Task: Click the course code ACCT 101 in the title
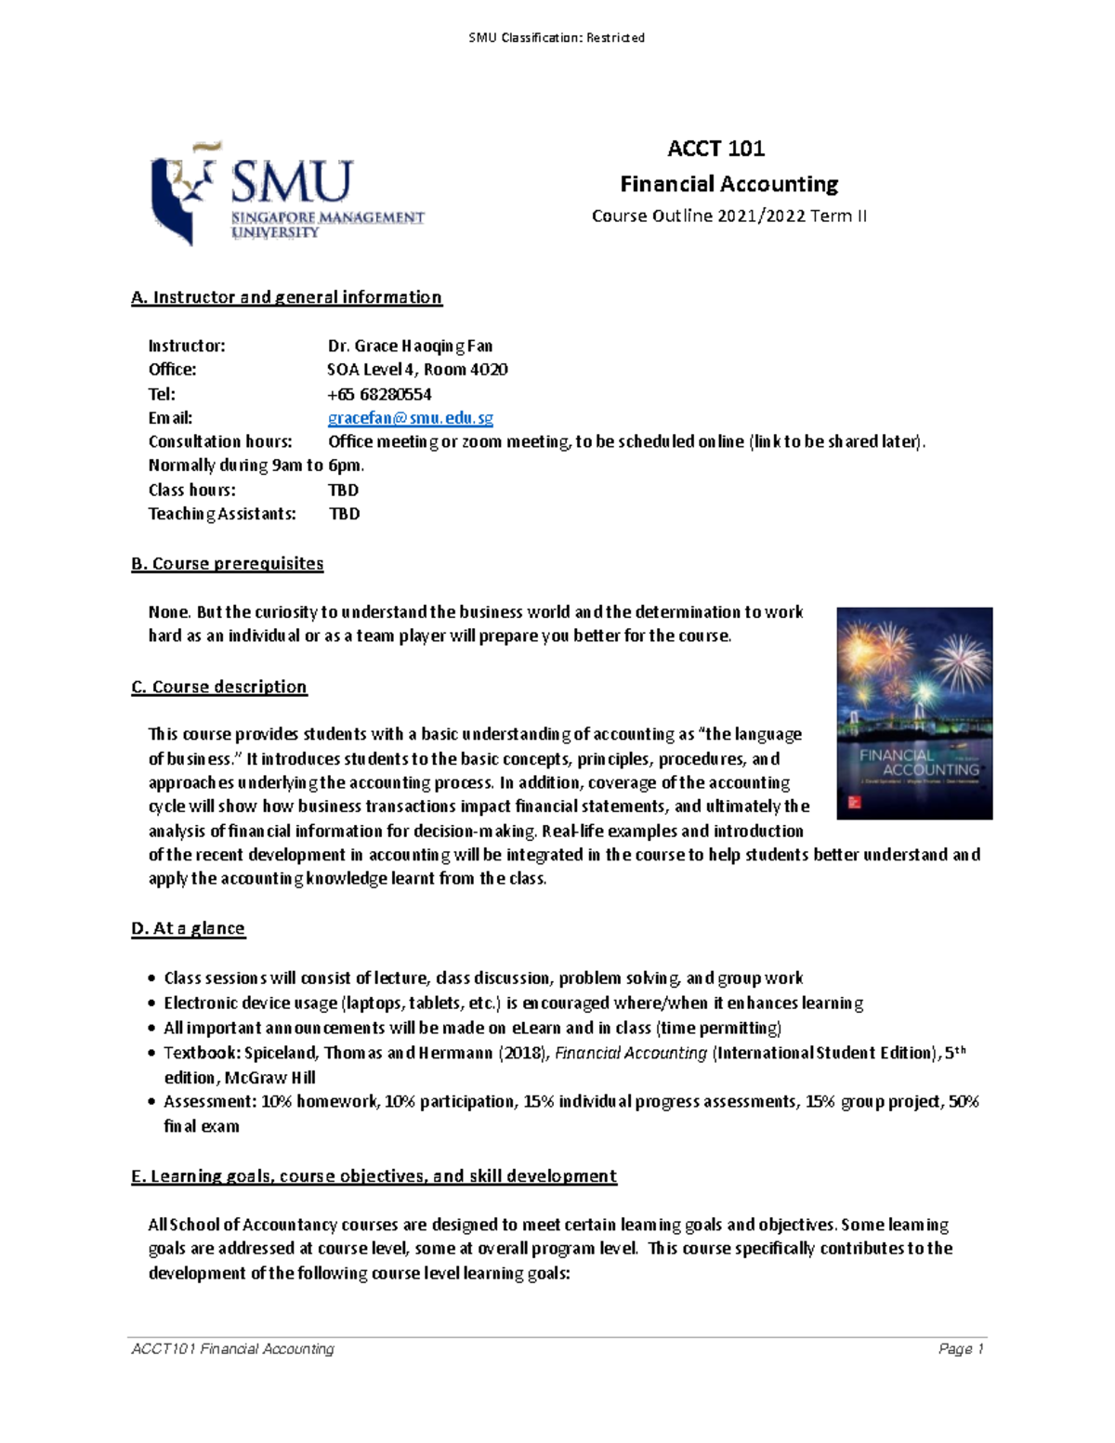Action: [715, 149]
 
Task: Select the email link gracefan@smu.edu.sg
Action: [410, 418]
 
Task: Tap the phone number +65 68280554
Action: [379, 394]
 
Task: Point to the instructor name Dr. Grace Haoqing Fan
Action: [410, 346]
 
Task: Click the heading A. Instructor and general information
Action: [286, 297]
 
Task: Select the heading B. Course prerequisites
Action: [228, 564]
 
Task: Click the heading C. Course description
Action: [219, 687]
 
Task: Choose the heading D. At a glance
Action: [189, 928]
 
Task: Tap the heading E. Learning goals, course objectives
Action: [374, 1176]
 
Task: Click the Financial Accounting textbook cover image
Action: [914, 713]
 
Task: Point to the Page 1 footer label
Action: [961, 1349]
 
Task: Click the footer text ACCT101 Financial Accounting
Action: [232, 1349]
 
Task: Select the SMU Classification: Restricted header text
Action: [557, 38]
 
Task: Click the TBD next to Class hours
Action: [344, 490]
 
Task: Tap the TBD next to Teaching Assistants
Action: [345, 514]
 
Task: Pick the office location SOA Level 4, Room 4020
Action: [417, 370]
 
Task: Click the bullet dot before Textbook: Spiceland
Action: [152, 1054]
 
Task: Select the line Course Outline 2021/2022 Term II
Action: [729, 216]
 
